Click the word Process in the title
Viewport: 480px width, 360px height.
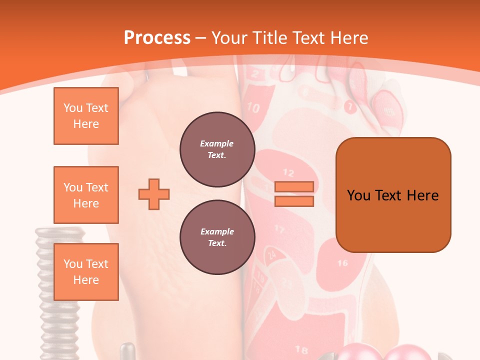pos(157,37)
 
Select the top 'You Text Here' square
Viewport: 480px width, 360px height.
pos(86,116)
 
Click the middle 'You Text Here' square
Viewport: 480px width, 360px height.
pos(86,195)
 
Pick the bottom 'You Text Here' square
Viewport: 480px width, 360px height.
pos(86,272)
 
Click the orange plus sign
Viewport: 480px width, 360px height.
pos(154,193)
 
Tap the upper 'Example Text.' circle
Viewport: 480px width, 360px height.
pos(217,149)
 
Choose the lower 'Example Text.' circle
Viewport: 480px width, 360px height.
pos(217,237)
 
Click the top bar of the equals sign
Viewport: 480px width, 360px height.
pos(294,186)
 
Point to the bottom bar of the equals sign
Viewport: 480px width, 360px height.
pos(294,201)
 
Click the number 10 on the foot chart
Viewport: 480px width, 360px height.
pos(253,107)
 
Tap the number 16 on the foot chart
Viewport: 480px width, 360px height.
pos(342,262)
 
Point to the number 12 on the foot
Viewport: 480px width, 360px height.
pos(288,172)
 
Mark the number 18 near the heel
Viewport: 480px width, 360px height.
pos(301,349)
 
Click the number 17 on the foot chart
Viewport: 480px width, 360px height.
pos(279,229)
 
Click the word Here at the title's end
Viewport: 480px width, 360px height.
pos(350,37)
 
